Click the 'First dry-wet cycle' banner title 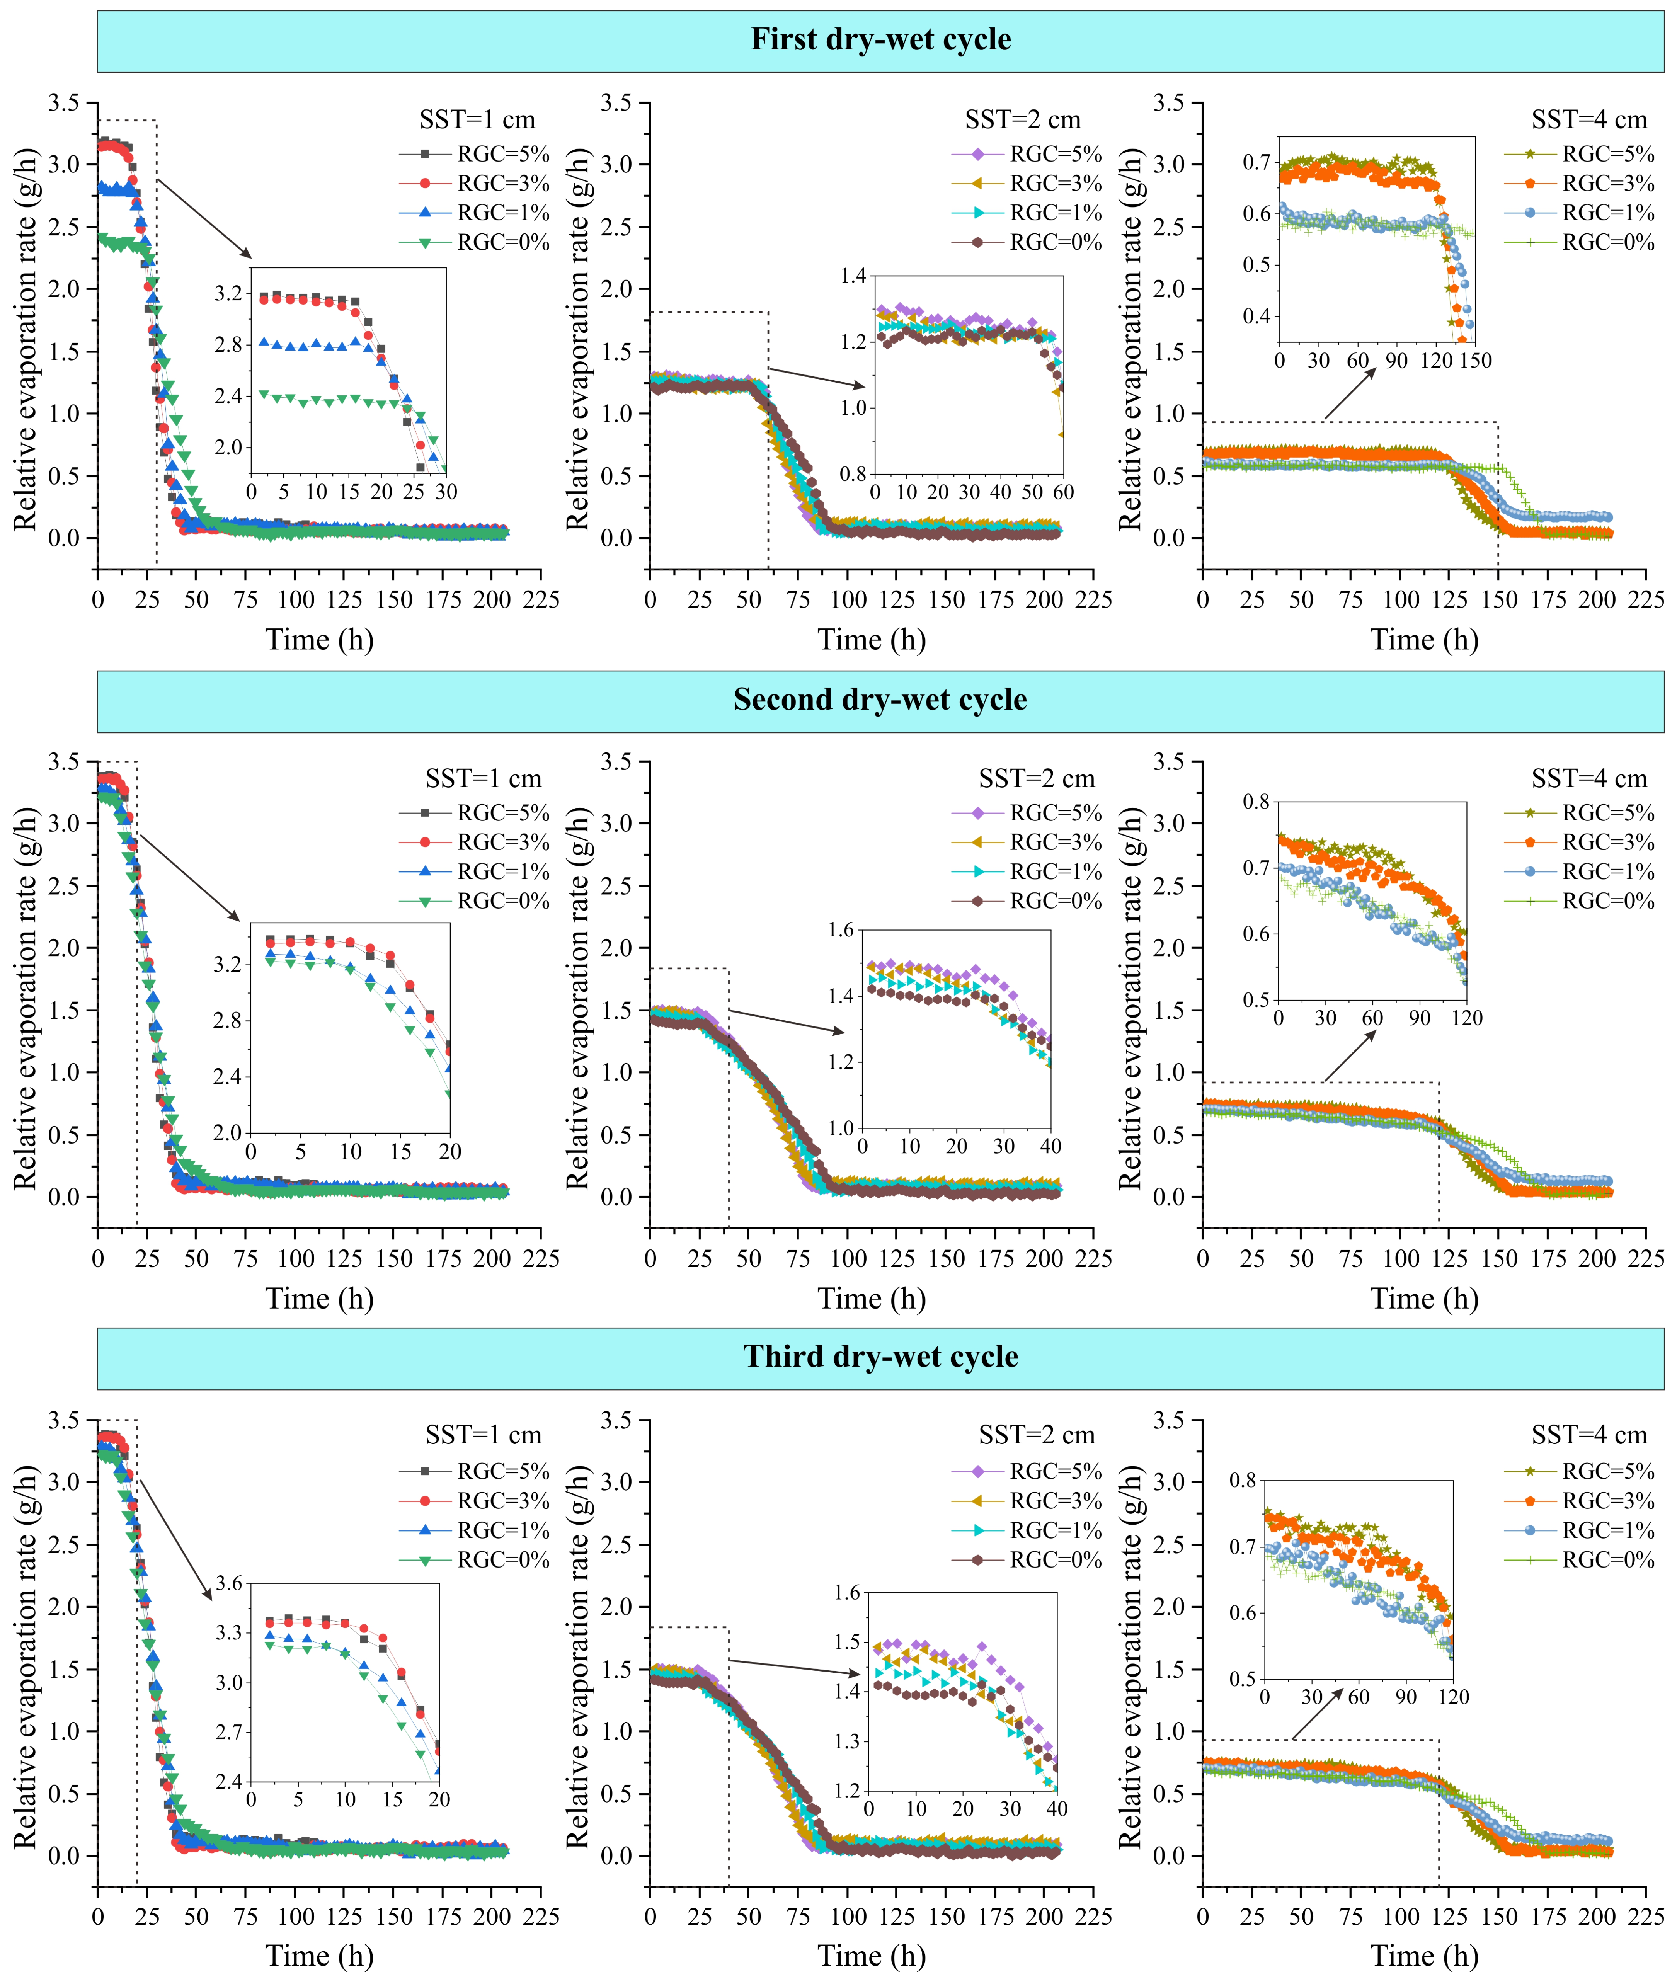tap(880, 40)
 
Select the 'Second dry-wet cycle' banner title tap(880, 700)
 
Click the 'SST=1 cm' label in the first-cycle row tap(477, 120)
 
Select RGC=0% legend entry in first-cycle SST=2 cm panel tap(1027, 242)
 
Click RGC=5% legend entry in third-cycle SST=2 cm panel tap(1027, 1472)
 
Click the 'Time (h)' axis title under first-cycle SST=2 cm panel tap(872, 640)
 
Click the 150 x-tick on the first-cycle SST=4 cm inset tap(1476, 360)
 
